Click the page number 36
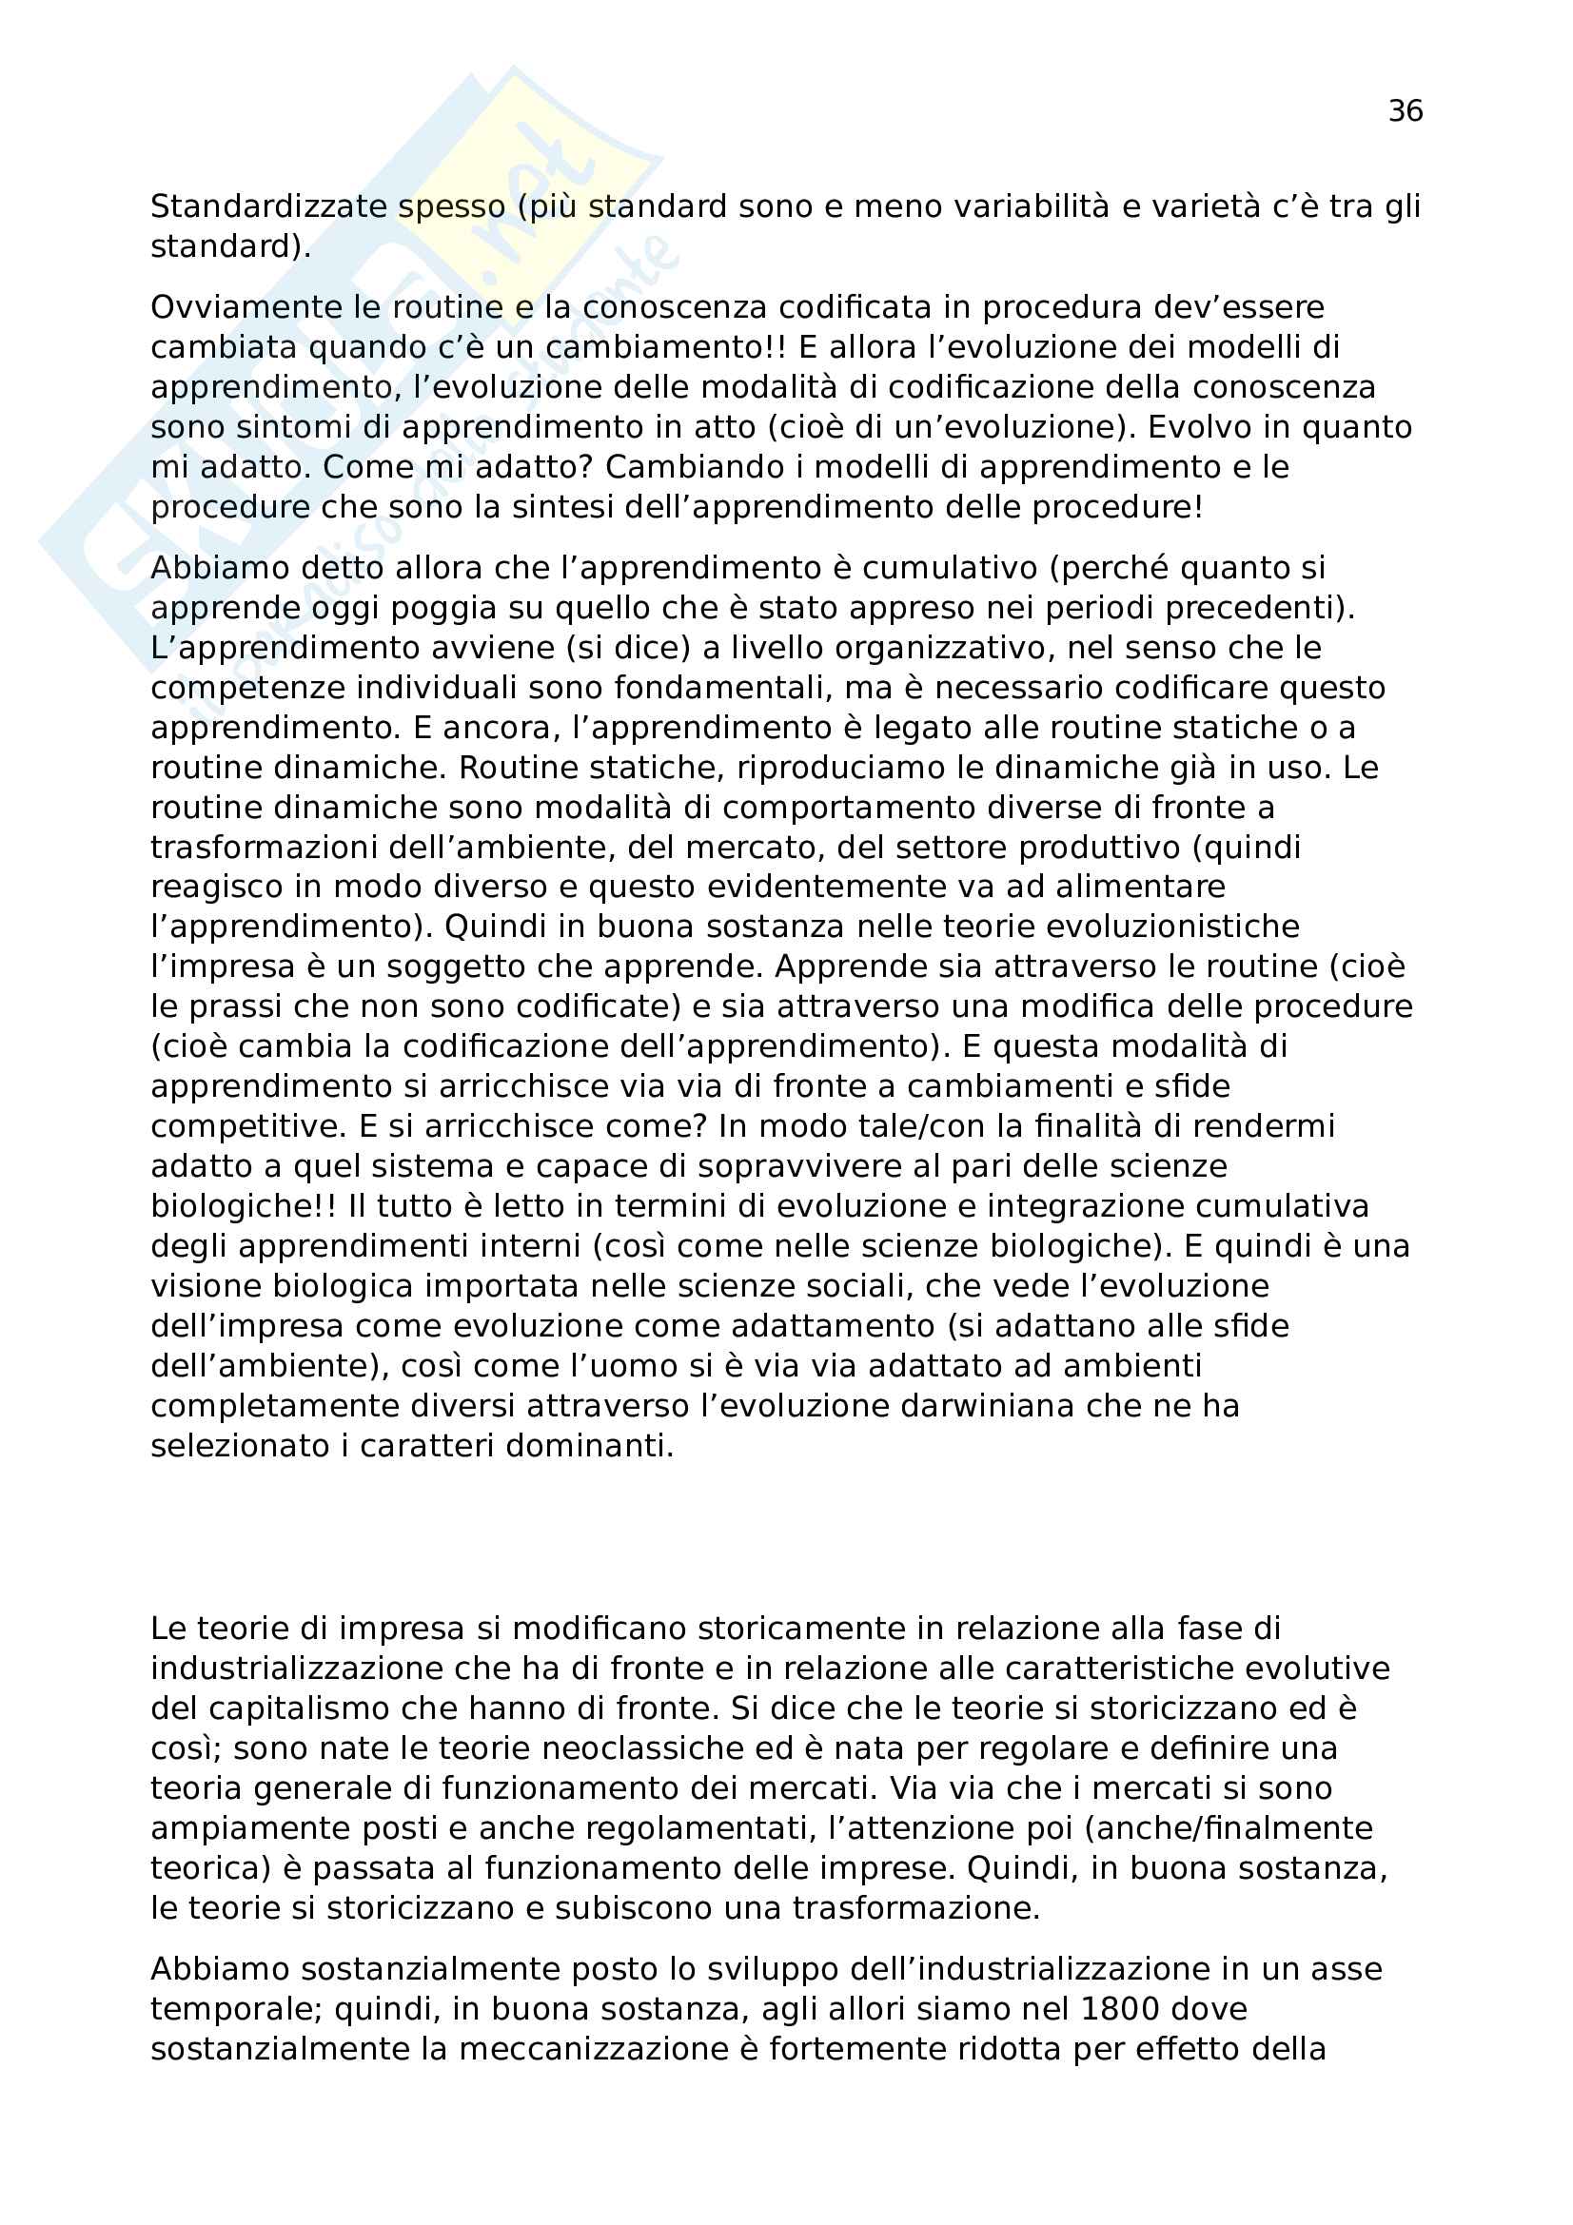click(x=1405, y=111)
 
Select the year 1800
click(x=1114, y=2009)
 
